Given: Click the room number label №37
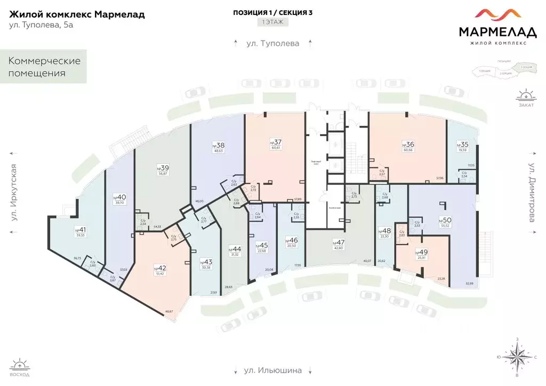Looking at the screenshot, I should pos(275,142).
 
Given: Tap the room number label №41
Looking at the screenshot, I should pos(81,230).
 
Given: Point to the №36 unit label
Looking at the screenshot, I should pos(408,144).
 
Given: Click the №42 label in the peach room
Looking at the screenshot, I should pos(159,268).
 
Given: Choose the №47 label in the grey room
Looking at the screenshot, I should pos(338,242).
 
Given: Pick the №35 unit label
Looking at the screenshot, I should pos(462,145).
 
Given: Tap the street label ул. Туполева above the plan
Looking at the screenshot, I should pos(272,43).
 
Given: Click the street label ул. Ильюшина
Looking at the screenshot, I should pos(274,370).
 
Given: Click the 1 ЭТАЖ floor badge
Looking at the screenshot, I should pos(272,22).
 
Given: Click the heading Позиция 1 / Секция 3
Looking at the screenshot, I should pos(272,12).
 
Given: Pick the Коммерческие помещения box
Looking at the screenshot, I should pos(44,67).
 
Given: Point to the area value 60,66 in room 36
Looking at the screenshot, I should pos(408,151).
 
